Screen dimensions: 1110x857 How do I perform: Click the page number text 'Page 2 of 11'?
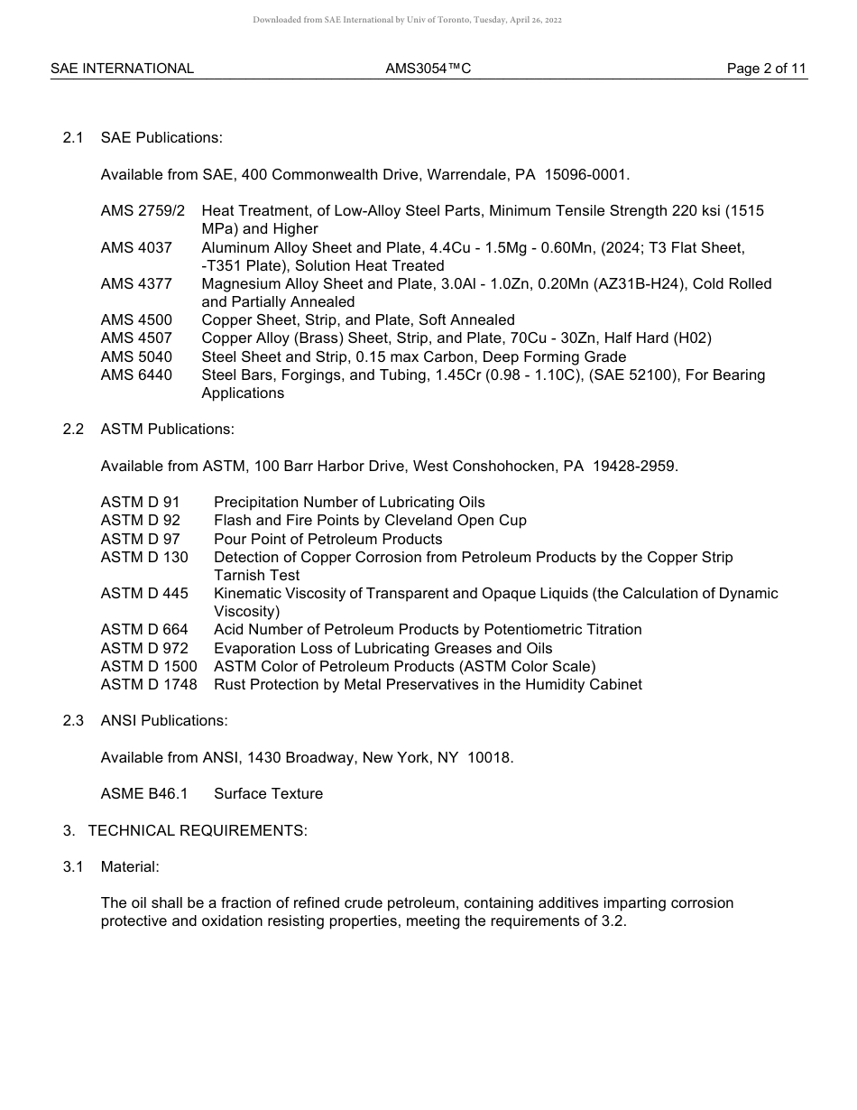766,69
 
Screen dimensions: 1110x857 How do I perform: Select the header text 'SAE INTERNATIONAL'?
122,69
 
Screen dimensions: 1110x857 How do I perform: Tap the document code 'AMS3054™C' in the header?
428,69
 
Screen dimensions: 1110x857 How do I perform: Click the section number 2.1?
73,138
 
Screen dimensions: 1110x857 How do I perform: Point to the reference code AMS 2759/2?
143,211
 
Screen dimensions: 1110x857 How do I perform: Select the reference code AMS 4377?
136,284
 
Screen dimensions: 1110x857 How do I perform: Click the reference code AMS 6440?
136,375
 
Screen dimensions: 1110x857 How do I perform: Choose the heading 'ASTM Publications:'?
167,430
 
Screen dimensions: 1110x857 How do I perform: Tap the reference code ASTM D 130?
144,558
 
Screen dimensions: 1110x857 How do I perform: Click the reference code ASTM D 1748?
149,685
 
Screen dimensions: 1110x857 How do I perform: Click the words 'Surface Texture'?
268,794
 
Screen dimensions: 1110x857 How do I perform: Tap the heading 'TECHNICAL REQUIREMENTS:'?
198,831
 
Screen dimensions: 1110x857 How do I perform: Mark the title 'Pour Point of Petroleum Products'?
327,540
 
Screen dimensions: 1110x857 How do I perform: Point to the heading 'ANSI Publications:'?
164,721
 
